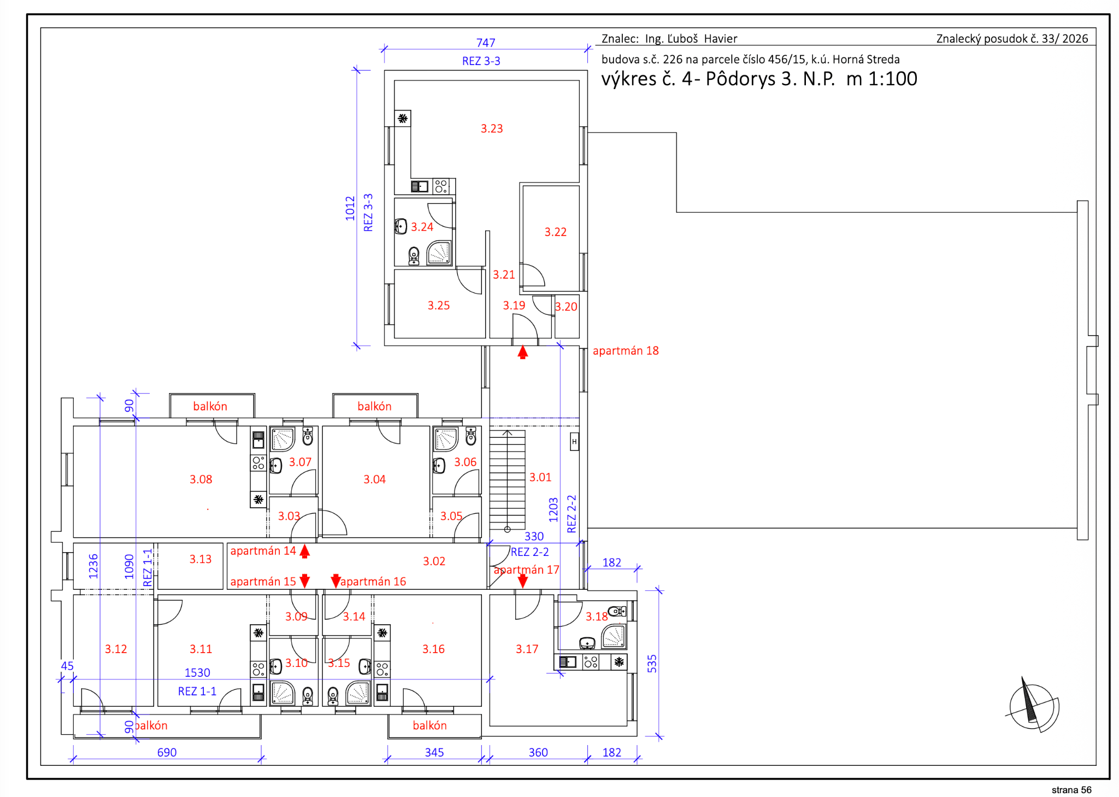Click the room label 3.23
pyautogui.click(x=492, y=128)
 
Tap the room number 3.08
pyautogui.click(x=201, y=479)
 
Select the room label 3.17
pyautogui.click(x=527, y=649)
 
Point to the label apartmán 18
pyautogui.click(x=626, y=351)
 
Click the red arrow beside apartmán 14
pyautogui.click(x=305, y=551)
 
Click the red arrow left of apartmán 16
pyautogui.click(x=335, y=581)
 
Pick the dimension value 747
pyautogui.click(x=486, y=43)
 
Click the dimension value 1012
pyautogui.click(x=350, y=208)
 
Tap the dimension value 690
pyautogui.click(x=167, y=752)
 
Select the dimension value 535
pyautogui.click(x=652, y=664)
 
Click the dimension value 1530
pyautogui.click(x=197, y=673)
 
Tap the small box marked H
pyautogui.click(x=574, y=442)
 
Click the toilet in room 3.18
pyautogui.click(x=617, y=611)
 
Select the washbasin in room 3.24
pyautogui.click(x=401, y=226)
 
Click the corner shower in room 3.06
pyautogui.click(x=446, y=439)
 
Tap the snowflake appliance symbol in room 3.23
pyautogui.click(x=403, y=118)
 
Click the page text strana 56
pyautogui.click(x=1071, y=790)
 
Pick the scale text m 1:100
pyautogui.click(x=881, y=79)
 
